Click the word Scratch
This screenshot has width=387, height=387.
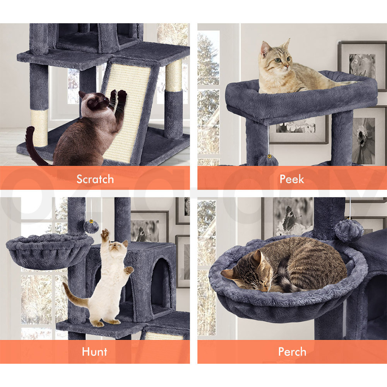click(x=95, y=179)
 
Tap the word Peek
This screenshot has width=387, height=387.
click(x=292, y=179)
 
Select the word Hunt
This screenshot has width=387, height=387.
click(x=94, y=351)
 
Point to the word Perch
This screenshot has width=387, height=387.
click(x=292, y=351)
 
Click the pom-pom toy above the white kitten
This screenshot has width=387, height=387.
click(x=91, y=226)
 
